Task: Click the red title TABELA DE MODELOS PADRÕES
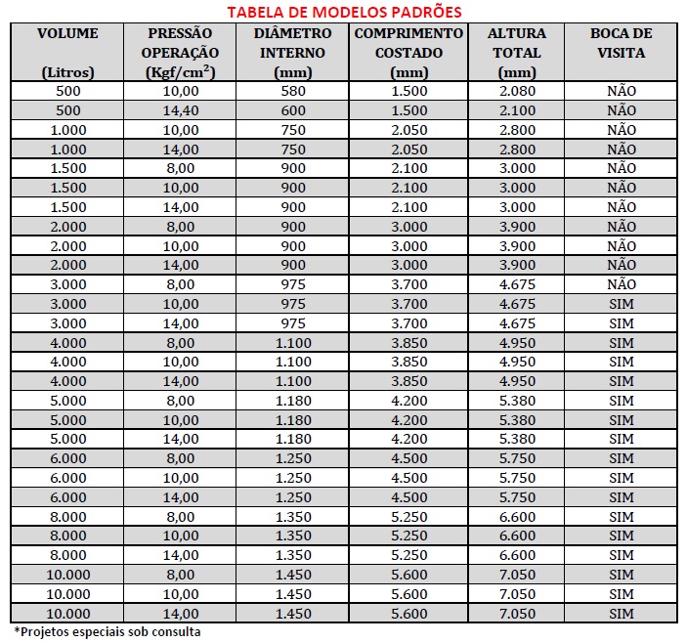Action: tap(344, 11)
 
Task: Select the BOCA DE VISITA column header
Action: tap(621, 43)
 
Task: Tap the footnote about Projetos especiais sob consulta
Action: tap(107, 631)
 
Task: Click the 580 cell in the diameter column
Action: tap(293, 91)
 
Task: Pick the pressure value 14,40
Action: tap(180, 110)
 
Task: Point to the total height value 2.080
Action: tap(517, 91)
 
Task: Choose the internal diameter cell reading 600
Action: tap(293, 110)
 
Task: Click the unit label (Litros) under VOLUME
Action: tap(67, 72)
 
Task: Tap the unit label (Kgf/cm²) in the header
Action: tap(180, 72)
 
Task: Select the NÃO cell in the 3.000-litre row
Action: tap(621, 284)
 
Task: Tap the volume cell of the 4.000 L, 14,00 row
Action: tap(67, 381)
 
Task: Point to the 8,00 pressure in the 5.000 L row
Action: tap(180, 401)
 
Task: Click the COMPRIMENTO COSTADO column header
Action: tap(408, 43)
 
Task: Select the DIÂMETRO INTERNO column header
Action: tap(293, 43)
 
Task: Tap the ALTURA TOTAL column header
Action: tap(517, 43)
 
